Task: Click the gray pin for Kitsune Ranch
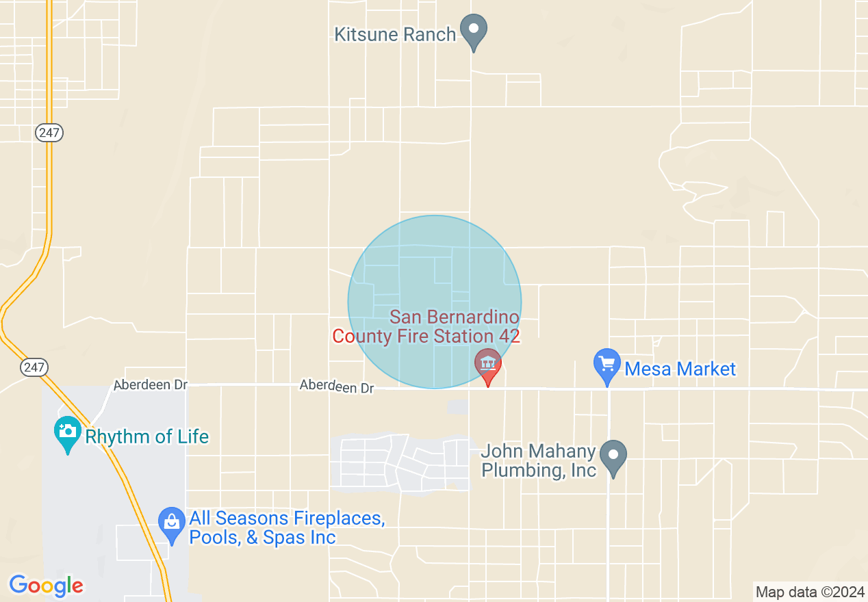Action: click(473, 30)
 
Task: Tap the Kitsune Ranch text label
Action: click(395, 34)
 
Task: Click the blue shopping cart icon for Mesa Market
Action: click(607, 365)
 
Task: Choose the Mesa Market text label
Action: click(680, 369)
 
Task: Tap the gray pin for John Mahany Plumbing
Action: click(613, 456)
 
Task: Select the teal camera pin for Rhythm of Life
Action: click(67, 432)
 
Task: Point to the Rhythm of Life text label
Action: click(146, 436)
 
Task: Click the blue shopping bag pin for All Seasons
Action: click(171, 523)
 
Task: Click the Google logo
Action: click(46, 586)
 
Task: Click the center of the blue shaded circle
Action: click(435, 302)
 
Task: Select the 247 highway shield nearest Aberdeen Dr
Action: click(34, 367)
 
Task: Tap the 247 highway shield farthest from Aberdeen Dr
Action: click(49, 133)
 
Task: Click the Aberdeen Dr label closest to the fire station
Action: click(337, 387)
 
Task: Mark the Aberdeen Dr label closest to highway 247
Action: click(151, 384)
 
